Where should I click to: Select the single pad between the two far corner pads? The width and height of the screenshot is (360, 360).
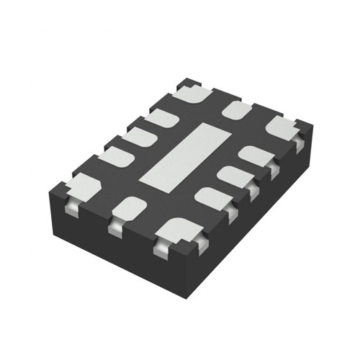tap(236, 110)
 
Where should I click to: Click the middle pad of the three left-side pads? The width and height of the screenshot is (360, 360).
tap(139, 136)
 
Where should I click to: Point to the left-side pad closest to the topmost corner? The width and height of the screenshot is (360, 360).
tap(162, 117)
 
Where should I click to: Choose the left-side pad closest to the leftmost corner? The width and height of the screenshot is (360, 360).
tap(116, 156)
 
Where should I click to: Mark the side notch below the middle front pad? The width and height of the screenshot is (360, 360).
tap(115, 229)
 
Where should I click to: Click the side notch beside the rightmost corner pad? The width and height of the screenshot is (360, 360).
tap(299, 143)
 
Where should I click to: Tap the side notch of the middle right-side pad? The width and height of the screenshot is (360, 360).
tap(251, 190)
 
